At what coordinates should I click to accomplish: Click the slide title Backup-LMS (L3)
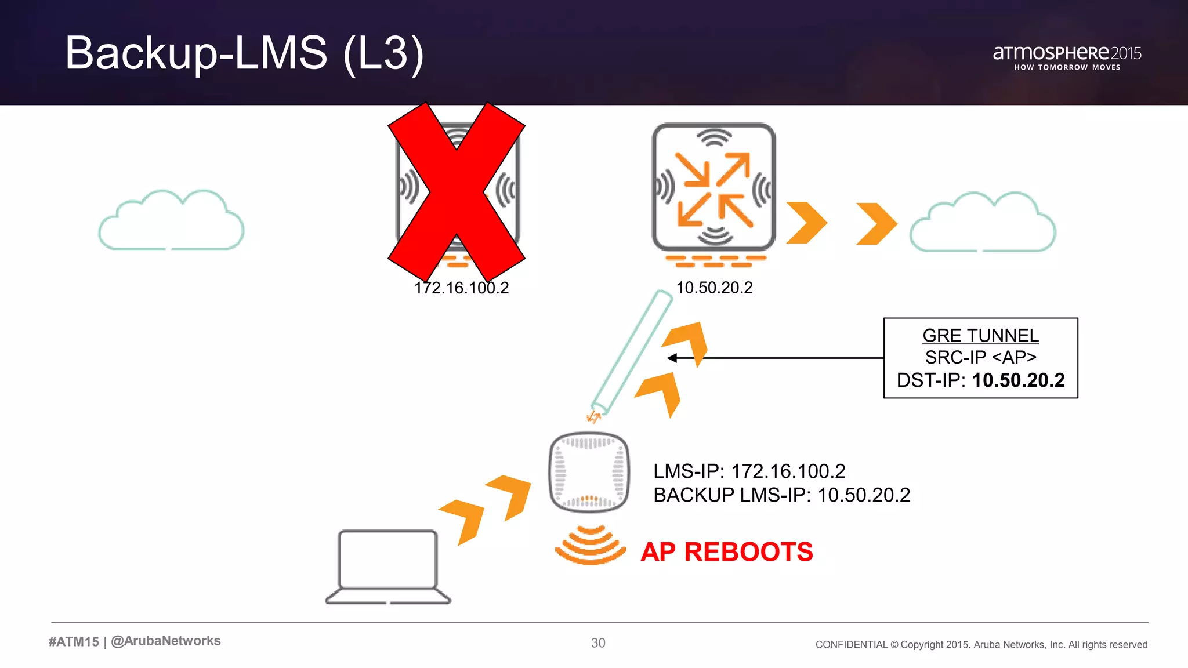pos(244,53)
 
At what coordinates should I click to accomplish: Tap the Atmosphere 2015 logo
pos(1067,57)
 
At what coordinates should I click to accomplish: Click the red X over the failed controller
pos(457,192)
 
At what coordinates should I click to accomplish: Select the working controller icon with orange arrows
pos(714,187)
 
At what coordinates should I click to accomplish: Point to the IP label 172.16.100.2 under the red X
pos(462,288)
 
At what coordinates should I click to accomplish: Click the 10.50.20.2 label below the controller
pos(714,288)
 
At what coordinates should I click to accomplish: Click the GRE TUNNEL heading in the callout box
pos(980,336)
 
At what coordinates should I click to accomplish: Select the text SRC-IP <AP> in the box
pos(980,357)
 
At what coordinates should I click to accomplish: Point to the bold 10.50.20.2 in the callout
pos(1018,380)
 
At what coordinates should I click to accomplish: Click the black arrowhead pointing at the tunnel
pos(672,358)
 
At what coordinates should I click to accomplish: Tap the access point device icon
pos(589,472)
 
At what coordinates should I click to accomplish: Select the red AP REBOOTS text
pos(726,551)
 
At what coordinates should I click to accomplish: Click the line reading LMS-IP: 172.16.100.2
pos(749,471)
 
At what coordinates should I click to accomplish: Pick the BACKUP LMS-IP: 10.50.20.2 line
pos(781,495)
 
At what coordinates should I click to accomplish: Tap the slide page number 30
pos(598,643)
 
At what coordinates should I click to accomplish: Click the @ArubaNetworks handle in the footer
pos(166,641)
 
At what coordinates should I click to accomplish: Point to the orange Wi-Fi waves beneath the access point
pos(591,546)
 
